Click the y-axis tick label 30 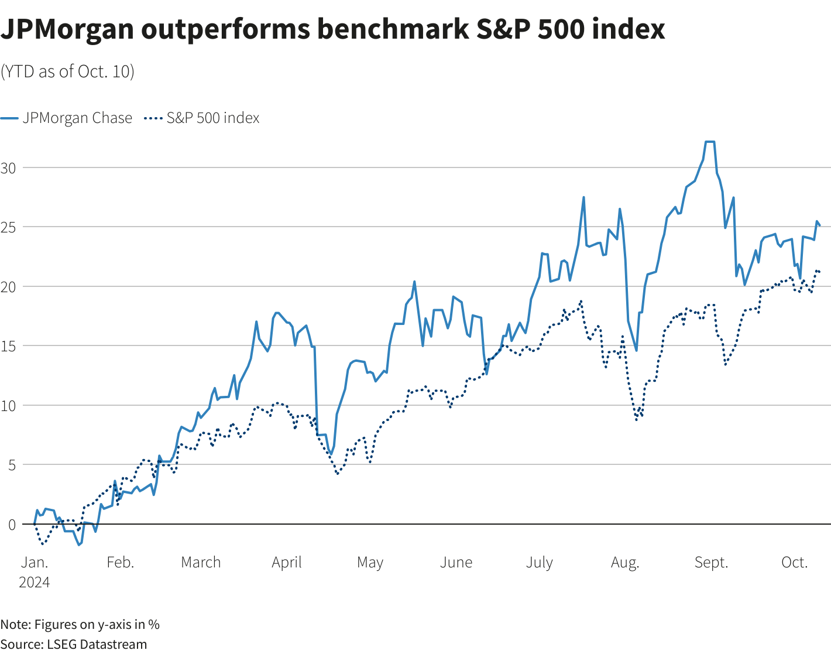point(8,167)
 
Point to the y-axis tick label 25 point(8,227)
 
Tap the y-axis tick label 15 point(8,345)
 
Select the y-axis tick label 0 point(12,524)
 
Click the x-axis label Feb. point(120,562)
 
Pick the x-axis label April point(287,562)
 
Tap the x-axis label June point(456,562)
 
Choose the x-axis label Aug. point(625,562)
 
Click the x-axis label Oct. point(794,562)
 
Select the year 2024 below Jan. point(35,583)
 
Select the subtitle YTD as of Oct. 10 point(67,71)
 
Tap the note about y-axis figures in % point(80,624)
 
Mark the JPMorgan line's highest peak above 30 point(710,142)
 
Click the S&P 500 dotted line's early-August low point(636,420)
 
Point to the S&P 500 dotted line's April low point(338,474)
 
